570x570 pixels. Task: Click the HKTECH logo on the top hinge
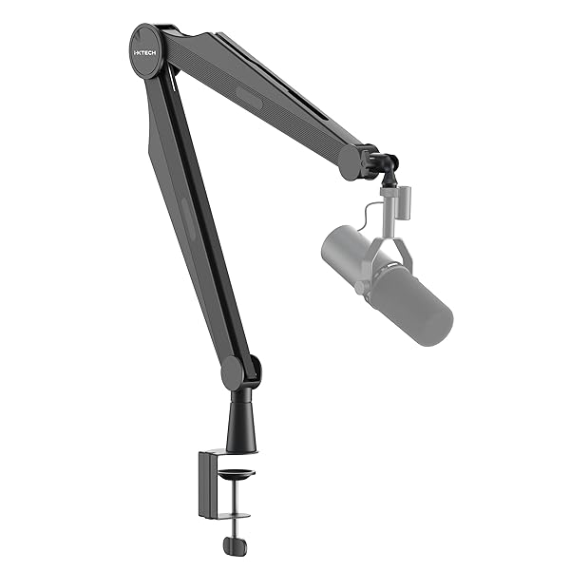(145, 43)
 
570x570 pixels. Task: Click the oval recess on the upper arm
(249, 97)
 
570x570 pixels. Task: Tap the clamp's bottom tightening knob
(235, 545)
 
